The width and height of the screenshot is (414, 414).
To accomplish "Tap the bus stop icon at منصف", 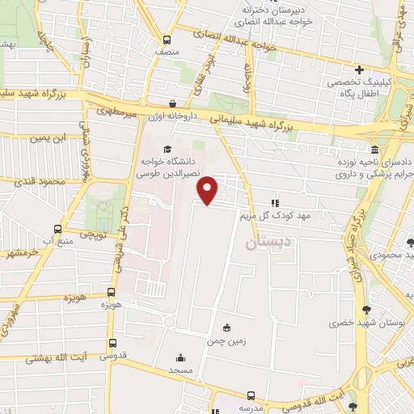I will [x=167, y=40].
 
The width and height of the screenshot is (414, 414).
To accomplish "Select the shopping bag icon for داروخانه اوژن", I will [x=173, y=103].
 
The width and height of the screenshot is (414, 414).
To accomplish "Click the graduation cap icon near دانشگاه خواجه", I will [x=167, y=148].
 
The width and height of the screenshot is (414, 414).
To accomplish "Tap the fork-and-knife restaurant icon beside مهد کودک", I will [x=275, y=203].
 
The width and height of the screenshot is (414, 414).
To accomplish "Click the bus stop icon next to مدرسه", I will [x=251, y=395].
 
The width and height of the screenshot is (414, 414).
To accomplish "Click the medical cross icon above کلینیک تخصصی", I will [x=361, y=70].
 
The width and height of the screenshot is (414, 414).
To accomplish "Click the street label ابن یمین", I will [x=45, y=138].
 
